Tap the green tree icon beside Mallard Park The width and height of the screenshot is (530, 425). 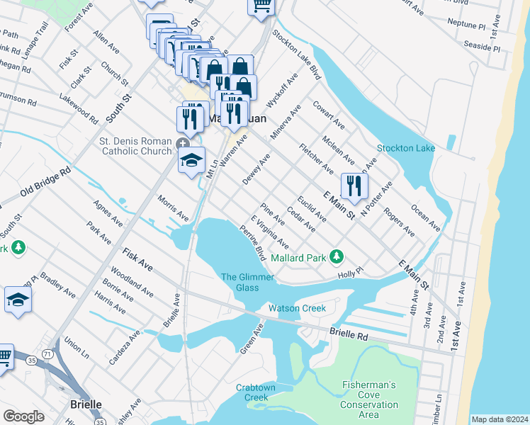tap(339, 256)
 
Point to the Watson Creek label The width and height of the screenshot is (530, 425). tap(297, 308)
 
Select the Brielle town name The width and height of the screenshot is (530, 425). tap(85, 404)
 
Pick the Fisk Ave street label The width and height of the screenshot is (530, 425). tap(137, 259)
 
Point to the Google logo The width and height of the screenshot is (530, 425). tap(23, 416)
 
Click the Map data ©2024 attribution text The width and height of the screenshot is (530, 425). tap(500, 419)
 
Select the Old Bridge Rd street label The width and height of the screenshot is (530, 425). tap(45, 182)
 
